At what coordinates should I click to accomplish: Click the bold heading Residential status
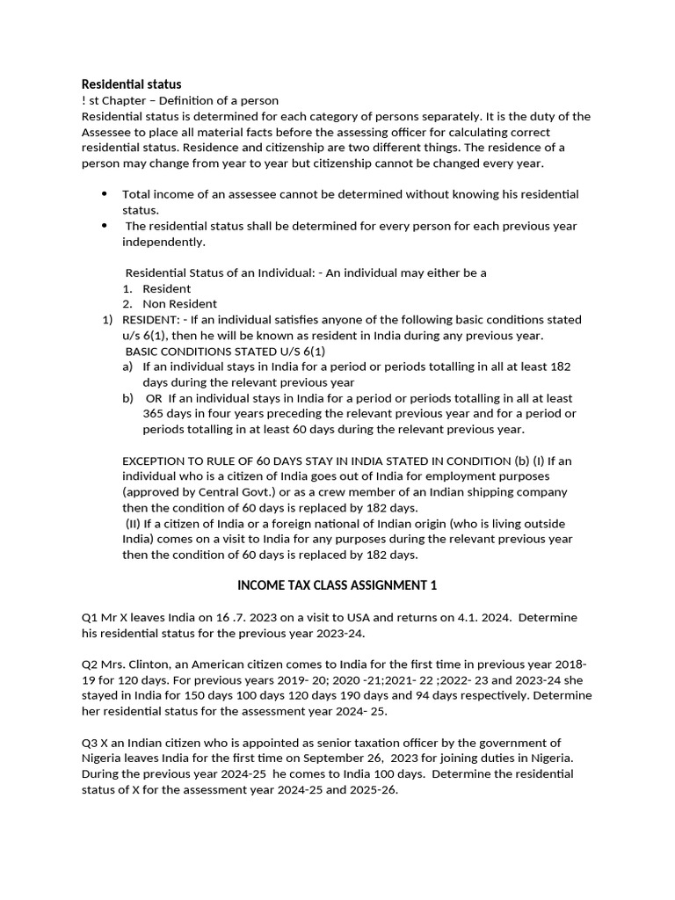(132, 84)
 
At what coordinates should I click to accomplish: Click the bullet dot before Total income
(105, 193)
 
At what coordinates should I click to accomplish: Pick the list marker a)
(128, 367)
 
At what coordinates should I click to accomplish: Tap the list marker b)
(128, 398)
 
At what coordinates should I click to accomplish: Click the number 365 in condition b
(155, 414)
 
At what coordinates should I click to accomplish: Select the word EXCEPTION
(156, 461)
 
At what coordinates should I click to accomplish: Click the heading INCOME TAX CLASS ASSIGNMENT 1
(337, 585)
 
